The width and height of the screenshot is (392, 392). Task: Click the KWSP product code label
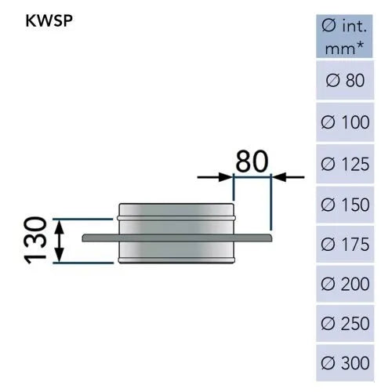pos(49,20)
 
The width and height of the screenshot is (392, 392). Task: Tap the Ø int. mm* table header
pos(344,36)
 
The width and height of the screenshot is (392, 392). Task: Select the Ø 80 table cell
pos(345,80)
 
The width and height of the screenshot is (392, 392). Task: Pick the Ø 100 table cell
pos(345,122)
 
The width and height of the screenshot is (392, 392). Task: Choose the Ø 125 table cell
pos(345,164)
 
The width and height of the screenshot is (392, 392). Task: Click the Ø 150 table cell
pos(345,205)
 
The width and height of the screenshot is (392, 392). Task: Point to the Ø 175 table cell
pos(345,244)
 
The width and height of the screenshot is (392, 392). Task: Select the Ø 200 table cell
pos(345,284)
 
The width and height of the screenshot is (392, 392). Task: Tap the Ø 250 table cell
pos(345,323)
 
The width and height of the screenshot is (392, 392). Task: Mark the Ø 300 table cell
pos(345,363)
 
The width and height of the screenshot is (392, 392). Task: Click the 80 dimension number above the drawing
pos(252,162)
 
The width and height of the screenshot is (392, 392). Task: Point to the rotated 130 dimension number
pos(35,240)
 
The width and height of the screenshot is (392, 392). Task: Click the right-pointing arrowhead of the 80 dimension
pos(226,177)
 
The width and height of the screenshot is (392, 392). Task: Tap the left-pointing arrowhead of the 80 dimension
pos(279,177)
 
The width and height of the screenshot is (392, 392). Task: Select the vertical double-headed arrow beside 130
pos(60,241)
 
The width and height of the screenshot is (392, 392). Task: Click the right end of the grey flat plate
pos(271,238)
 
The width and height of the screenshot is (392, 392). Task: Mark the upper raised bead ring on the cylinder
pos(176,218)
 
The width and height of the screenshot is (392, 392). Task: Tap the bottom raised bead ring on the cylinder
pos(176,260)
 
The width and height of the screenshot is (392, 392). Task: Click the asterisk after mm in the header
pos(360,45)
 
